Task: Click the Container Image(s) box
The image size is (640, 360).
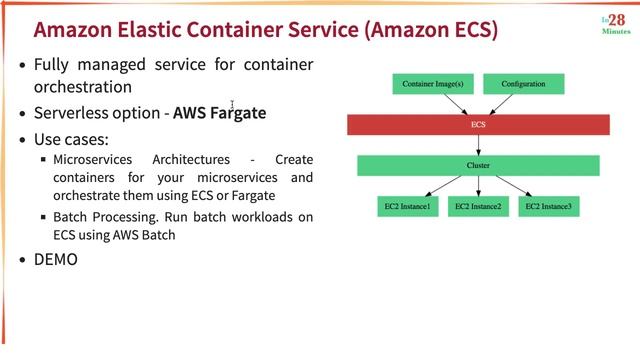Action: (x=432, y=84)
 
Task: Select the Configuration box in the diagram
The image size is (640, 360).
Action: (x=523, y=84)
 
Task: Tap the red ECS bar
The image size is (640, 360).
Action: (x=478, y=125)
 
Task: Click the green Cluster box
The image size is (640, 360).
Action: (x=478, y=165)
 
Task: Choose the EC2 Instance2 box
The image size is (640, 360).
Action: (x=478, y=207)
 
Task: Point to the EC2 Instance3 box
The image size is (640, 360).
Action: (x=549, y=207)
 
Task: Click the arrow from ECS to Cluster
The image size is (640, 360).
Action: (x=478, y=145)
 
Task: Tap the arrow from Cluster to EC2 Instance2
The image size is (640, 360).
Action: (x=478, y=186)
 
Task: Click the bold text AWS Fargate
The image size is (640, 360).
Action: (x=219, y=112)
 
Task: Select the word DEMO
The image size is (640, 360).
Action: (x=56, y=259)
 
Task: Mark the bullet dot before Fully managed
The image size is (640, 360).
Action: (x=23, y=65)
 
